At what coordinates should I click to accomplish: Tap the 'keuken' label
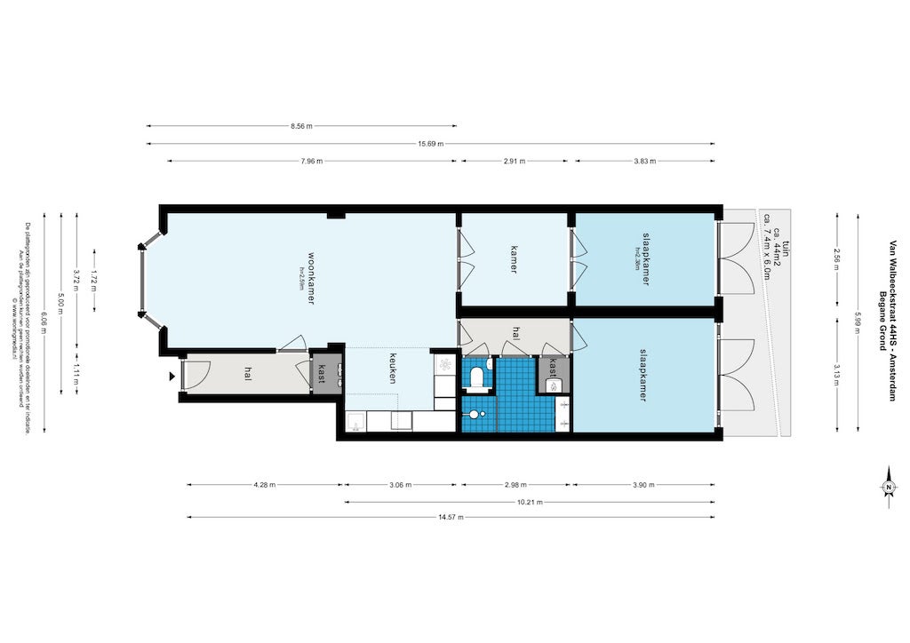tap(390, 368)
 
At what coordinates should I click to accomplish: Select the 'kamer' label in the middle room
tap(514, 258)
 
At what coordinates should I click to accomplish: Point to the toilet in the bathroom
tap(477, 377)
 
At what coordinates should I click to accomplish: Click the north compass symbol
tap(888, 488)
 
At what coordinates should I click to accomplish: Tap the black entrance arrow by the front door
tap(172, 376)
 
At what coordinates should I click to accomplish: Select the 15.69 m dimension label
tap(430, 144)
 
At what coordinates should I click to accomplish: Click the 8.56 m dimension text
tap(302, 127)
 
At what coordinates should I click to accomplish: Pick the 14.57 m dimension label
tap(451, 517)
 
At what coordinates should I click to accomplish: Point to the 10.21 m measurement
tap(531, 502)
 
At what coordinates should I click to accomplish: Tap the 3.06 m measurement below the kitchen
tap(401, 485)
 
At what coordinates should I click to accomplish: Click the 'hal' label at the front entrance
tap(247, 375)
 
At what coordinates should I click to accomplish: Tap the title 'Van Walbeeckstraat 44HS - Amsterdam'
tap(892, 320)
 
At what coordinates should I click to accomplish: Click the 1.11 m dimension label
tap(76, 369)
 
